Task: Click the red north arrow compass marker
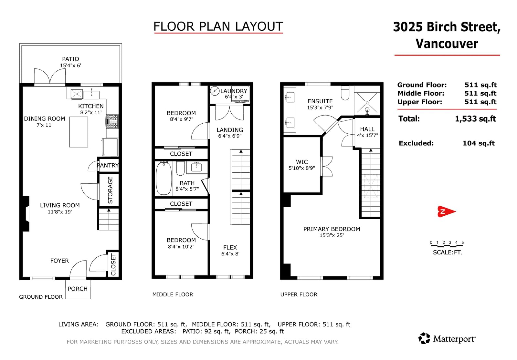(446, 211)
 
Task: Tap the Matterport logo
(447, 339)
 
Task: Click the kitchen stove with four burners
(112, 121)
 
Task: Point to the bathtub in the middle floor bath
(164, 178)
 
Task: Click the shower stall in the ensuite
(367, 103)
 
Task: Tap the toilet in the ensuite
(345, 93)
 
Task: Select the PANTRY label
(108, 165)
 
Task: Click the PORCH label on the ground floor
(78, 289)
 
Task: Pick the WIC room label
(302, 162)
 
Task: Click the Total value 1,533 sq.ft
(475, 119)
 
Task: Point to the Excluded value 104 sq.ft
(479, 143)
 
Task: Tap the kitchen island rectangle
(79, 132)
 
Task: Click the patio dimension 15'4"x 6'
(71, 66)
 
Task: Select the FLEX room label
(230, 247)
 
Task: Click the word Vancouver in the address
(447, 44)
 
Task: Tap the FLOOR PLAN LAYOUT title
(218, 26)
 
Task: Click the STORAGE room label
(110, 190)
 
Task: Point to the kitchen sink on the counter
(92, 95)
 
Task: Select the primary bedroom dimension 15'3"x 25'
(332, 235)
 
